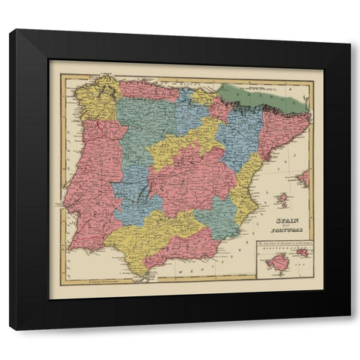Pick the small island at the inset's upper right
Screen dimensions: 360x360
303,253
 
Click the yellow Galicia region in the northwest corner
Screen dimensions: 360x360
96,99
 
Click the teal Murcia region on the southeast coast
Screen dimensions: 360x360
218,217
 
